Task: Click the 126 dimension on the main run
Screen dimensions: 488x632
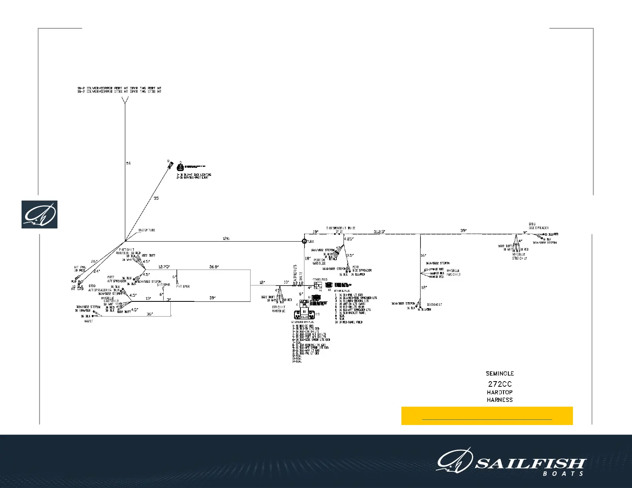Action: (x=226, y=238)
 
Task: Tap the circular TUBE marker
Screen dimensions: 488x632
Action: (x=304, y=241)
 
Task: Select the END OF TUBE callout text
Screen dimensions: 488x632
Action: (x=147, y=230)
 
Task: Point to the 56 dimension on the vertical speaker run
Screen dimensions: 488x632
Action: (x=128, y=163)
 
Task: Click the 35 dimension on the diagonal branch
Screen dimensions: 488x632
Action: (x=156, y=198)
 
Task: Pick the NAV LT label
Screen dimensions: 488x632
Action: (x=89, y=321)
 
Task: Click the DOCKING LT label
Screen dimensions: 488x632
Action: (x=434, y=305)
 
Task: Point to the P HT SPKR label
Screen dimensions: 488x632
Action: (x=183, y=286)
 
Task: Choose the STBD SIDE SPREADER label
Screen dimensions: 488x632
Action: (x=539, y=226)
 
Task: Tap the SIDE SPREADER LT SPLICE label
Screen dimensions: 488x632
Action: (x=340, y=228)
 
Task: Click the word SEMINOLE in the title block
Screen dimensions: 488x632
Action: (x=500, y=374)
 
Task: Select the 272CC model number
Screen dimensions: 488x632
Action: (x=500, y=384)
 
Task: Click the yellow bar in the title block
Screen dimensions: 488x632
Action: (x=487, y=416)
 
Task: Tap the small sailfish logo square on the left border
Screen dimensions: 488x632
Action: (x=39, y=214)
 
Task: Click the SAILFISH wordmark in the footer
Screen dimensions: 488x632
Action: (x=531, y=464)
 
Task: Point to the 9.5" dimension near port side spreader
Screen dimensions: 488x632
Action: (x=350, y=255)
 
